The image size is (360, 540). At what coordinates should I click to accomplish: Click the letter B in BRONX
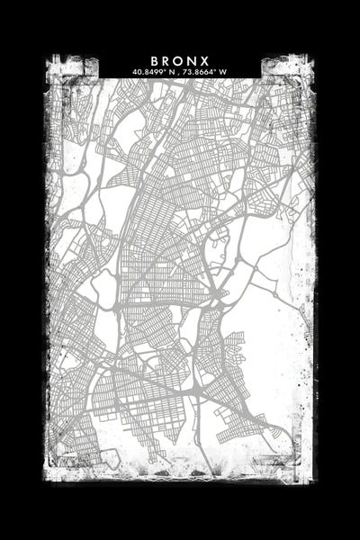[155, 60]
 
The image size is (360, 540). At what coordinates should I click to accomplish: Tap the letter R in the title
[167, 60]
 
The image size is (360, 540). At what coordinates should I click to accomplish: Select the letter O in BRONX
[180, 60]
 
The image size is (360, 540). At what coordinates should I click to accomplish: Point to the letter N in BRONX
[193, 60]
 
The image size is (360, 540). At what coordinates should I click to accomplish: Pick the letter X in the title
[206, 60]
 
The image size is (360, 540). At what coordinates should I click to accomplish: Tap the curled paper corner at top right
[280, 68]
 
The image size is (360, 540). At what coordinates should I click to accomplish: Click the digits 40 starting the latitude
[136, 71]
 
